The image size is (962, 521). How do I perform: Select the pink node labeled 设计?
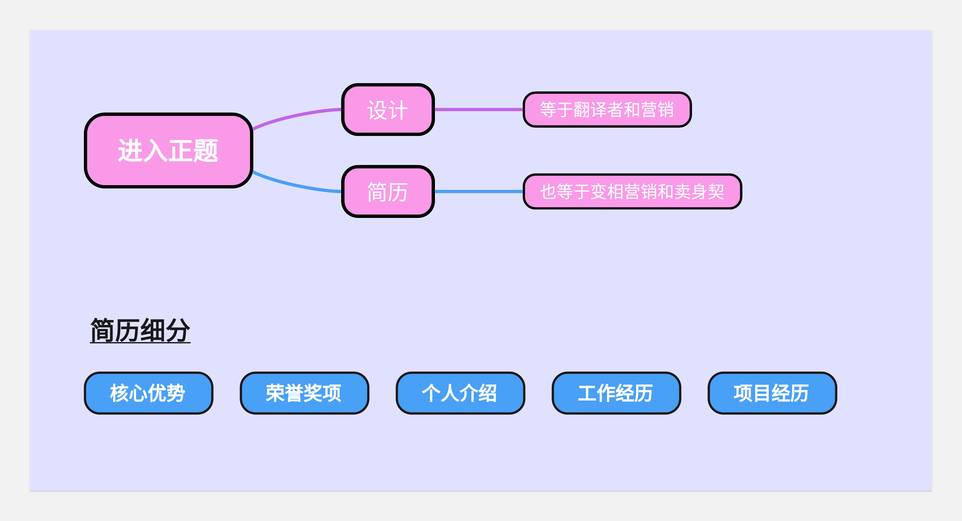pos(388,109)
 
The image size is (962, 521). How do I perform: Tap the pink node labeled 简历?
pos(388,191)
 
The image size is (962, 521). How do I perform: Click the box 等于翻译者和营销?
pos(607,109)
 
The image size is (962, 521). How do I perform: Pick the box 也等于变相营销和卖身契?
pos(632,191)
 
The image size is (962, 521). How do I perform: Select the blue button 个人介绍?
pos(460,393)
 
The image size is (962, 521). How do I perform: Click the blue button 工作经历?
pos(616,393)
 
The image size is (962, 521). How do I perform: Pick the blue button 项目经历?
pos(772,393)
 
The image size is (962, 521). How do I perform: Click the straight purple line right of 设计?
pos(478,109)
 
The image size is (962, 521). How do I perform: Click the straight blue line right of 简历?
pos(478,191)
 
